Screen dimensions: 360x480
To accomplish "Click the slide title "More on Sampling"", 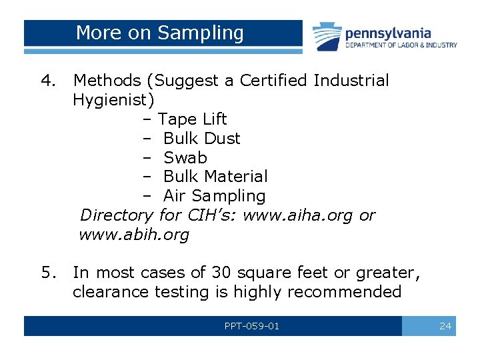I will click(x=160, y=33).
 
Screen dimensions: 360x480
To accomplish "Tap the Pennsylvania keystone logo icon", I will click(x=327, y=36).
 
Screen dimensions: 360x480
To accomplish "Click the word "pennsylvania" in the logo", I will click(x=388, y=33).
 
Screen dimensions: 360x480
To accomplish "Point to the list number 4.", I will click(x=48, y=81).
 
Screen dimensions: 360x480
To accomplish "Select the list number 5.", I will click(x=48, y=273).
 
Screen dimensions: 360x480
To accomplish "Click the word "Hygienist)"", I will click(x=114, y=100).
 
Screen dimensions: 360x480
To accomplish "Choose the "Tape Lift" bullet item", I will click(x=192, y=119).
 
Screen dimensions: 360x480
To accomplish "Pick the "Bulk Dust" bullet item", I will click(x=201, y=139).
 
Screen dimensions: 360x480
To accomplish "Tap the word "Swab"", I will click(x=185, y=158).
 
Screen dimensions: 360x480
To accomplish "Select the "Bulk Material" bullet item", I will click(x=215, y=177).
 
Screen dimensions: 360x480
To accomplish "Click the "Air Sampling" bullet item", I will click(x=214, y=196).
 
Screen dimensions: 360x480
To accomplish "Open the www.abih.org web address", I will click(x=134, y=235).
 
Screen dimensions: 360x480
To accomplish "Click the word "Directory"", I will click(x=117, y=215).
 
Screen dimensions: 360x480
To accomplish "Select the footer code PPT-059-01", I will click(x=252, y=326).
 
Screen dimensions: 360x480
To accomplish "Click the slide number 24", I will click(x=445, y=326).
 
